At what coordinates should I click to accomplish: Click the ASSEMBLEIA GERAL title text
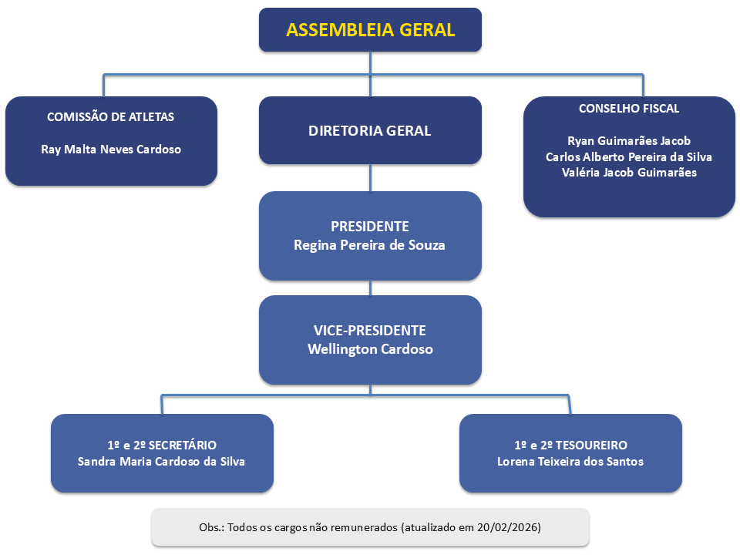pyautogui.click(x=370, y=30)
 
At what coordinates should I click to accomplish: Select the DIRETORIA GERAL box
pyautogui.click(x=370, y=130)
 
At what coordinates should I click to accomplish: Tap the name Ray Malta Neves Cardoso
pyautogui.click(x=111, y=149)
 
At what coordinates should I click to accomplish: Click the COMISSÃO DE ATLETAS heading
pyautogui.click(x=111, y=117)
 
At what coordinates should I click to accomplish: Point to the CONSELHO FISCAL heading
pyautogui.click(x=629, y=109)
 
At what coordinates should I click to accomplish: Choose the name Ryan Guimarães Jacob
pyautogui.click(x=629, y=141)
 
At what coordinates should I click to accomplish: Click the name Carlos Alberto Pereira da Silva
pyautogui.click(x=629, y=156)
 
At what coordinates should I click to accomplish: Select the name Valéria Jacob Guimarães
pyautogui.click(x=629, y=173)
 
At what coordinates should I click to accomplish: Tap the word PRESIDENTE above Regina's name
pyautogui.click(x=370, y=227)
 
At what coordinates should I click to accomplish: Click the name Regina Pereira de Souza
pyautogui.click(x=370, y=245)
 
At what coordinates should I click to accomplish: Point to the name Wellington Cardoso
pyautogui.click(x=370, y=348)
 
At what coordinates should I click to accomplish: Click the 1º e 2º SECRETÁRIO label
pyautogui.click(x=162, y=445)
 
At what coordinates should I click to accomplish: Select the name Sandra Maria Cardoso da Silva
pyautogui.click(x=162, y=462)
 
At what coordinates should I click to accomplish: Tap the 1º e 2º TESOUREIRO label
pyautogui.click(x=570, y=445)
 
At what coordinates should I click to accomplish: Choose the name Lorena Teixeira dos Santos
pyautogui.click(x=570, y=462)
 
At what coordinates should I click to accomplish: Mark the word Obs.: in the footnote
pyautogui.click(x=211, y=527)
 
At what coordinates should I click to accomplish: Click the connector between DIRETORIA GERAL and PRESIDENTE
pyautogui.click(x=371, y=178)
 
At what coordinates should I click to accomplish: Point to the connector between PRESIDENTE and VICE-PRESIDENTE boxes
pyautogui.click(x=371, y=288)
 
